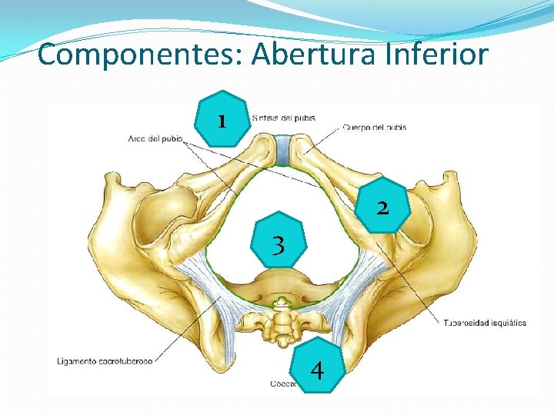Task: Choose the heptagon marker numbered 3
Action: click(x=279, y=239)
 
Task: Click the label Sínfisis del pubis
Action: click(x=283, y=118)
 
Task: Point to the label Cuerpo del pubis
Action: click(x=375, y=127)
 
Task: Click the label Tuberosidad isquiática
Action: click(x=486, y=323)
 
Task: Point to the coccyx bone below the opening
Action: click(x=282, y=327)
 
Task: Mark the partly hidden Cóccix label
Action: click(x=280, y=382)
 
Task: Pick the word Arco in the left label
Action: click(x=139, y=139)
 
